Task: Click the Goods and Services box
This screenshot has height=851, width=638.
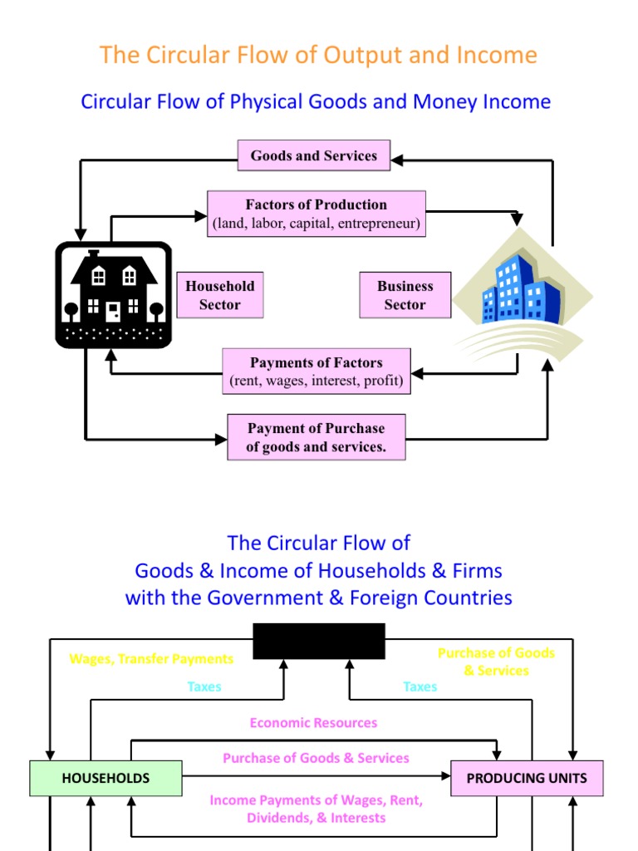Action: click(x=314, y=155)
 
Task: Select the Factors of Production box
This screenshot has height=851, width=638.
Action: click(x=316, y=214)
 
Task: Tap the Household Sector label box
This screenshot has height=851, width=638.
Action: click(x=220, y=295)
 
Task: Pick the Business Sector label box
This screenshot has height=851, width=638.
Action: click(x=405, y=295)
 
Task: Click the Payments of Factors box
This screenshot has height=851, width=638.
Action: click(x=317, y=371)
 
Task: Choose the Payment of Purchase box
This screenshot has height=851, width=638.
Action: click(x=317, y=437)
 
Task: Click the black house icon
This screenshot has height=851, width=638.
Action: click(x=113, y=295)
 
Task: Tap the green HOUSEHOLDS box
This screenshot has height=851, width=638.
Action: click(x=106, y=779)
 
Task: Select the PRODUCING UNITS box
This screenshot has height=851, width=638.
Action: click(x=527, y=779)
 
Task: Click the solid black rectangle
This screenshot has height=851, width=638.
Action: click(x=319, y=641)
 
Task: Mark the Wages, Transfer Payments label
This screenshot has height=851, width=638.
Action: click(x=151, y=659)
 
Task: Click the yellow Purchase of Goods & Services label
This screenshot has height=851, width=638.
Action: click(x=496, y=662)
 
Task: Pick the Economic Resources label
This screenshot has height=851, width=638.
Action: click(x=313, y=723)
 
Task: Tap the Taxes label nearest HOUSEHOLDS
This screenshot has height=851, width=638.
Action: click(x=204, y=686)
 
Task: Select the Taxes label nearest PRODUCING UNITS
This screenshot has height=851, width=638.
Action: click(x=420, y=686)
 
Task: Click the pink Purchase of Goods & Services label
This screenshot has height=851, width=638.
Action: click(x=316, y=758)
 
